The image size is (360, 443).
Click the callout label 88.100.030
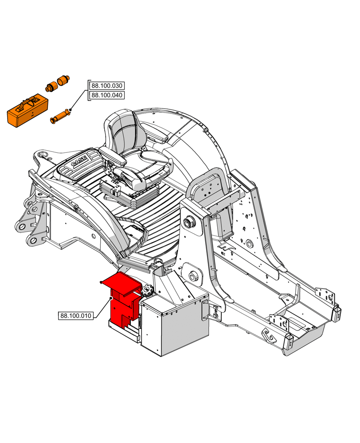coord(107,85)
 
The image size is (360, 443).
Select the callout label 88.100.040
coord(107,95)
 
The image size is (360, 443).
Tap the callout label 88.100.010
coord(75,316)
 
